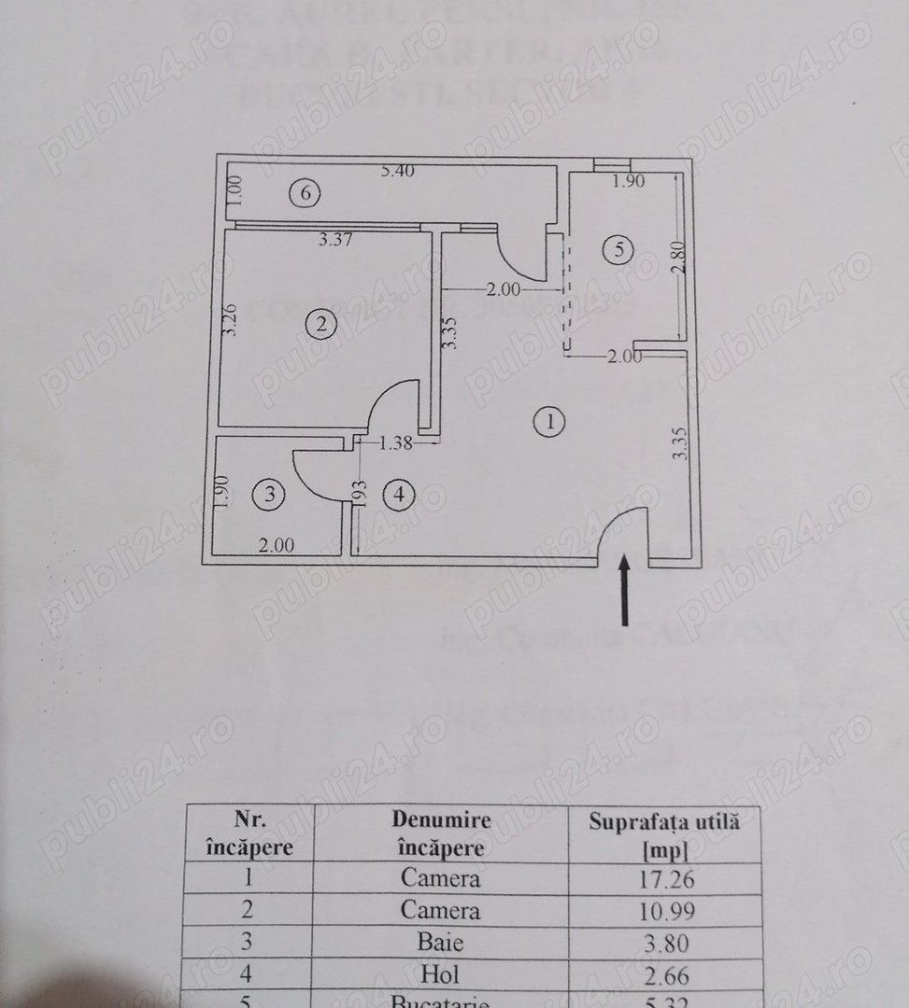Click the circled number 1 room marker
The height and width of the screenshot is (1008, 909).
(550, 423)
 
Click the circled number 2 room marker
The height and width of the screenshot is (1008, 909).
(321, 324)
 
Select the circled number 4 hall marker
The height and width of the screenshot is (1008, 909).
(400, 495)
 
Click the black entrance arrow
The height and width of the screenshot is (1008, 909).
(626, 590)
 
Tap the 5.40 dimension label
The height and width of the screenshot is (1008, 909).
(397, 171)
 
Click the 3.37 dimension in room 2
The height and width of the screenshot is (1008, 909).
(334, 240)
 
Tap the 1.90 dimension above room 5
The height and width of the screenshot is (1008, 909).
(628, 182)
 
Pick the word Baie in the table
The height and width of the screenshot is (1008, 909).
(441, 942)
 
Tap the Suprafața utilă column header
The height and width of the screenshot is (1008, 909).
(664, 834)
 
